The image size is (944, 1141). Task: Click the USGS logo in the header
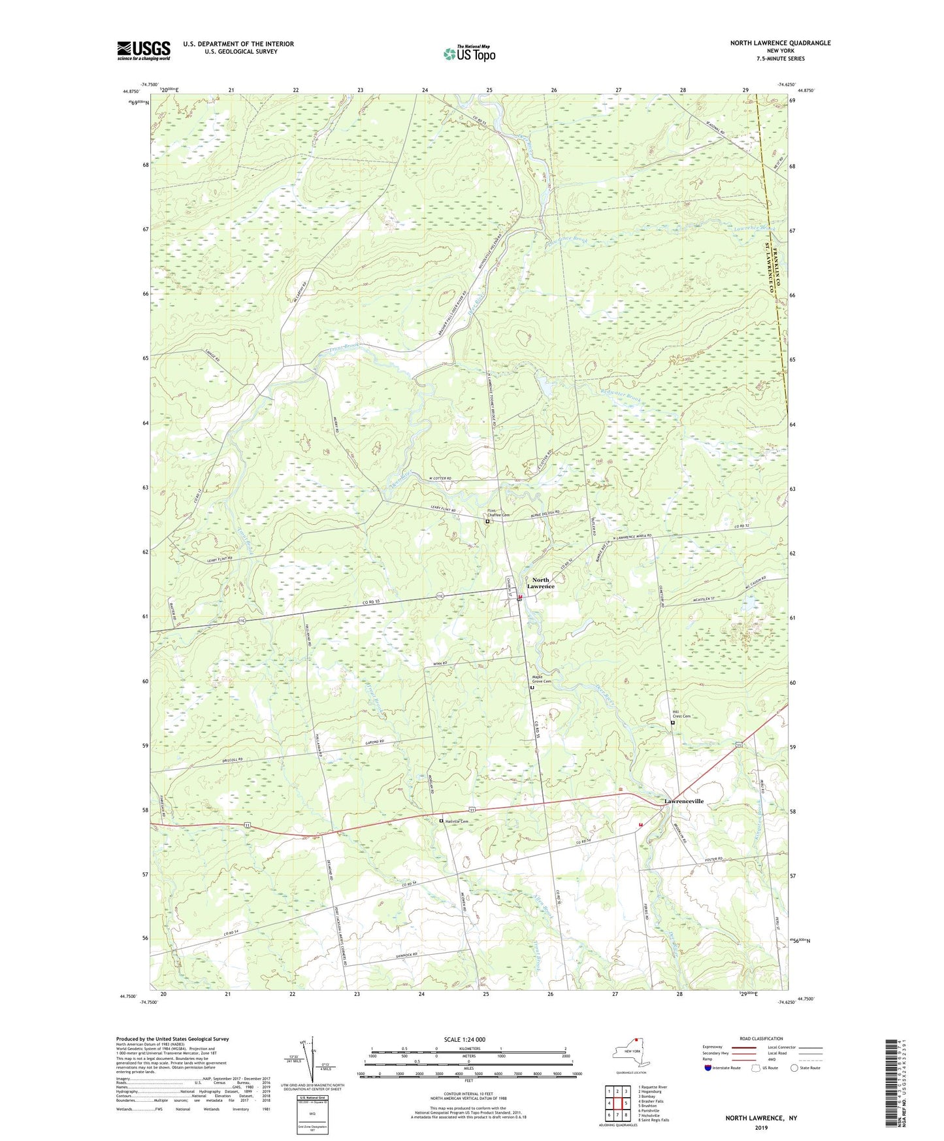pos(144,50)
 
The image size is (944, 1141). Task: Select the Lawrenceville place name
pos(684,801)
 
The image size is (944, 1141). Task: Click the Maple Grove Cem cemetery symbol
pos(532,688)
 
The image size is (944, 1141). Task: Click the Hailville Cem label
pos(457,821)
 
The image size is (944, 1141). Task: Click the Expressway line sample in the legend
pos(747,1047)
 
